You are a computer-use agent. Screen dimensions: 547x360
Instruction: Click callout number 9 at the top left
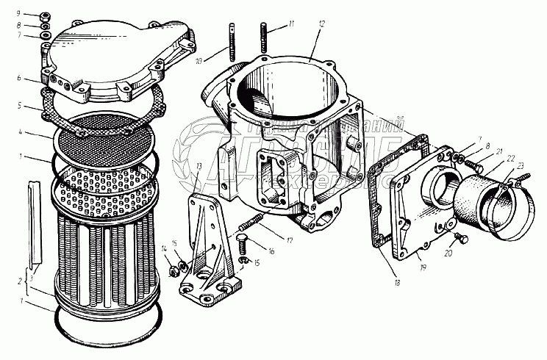[24, 14]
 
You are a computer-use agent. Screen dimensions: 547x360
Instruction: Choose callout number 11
[290, 25]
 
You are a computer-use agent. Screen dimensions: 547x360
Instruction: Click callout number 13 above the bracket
[199, 167]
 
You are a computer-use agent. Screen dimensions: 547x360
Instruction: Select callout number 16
[271, 251]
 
